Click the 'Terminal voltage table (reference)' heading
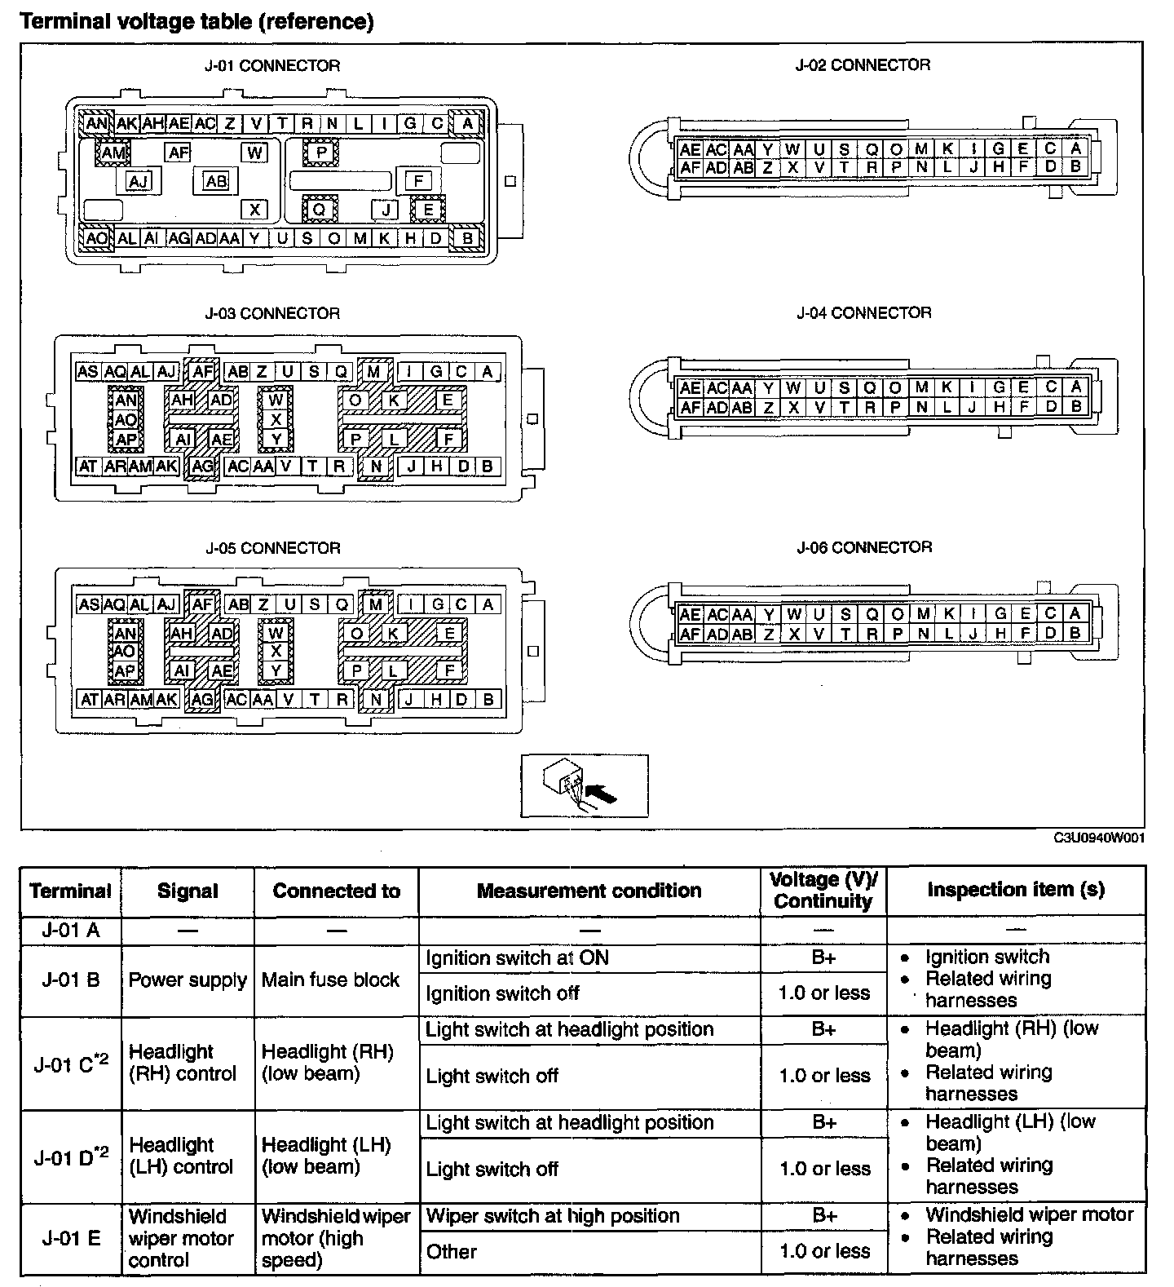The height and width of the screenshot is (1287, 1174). coord(196,21)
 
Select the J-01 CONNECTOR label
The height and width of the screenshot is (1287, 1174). coord(272,66)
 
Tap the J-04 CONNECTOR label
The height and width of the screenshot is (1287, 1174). coord(863,313)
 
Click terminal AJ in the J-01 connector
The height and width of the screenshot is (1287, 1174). coord(139,181)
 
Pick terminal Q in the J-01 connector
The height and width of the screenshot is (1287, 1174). coord(320,210)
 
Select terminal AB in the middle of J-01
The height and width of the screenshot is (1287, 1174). coord(216,181)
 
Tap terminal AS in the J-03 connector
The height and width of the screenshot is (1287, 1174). coord(87,372)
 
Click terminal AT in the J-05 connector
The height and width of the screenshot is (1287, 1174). coord(88,699)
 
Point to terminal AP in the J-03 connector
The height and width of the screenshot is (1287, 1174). coord(125,440)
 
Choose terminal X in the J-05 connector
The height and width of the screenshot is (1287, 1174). coord(276,652)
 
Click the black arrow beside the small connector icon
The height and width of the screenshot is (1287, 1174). coord(602,792)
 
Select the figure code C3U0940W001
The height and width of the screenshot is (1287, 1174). coord(1099,838)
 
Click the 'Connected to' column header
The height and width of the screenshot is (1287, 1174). coord(336,891)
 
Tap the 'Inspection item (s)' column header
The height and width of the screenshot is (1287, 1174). coord(1016,890)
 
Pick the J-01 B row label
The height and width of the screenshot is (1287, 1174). coord(71,980)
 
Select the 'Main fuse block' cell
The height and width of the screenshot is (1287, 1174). coord(330,980)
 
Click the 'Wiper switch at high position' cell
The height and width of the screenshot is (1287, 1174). coord(552,1216)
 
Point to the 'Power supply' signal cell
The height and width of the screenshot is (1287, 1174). coord(188,980)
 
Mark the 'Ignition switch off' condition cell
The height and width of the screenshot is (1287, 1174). coord(502,993)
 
